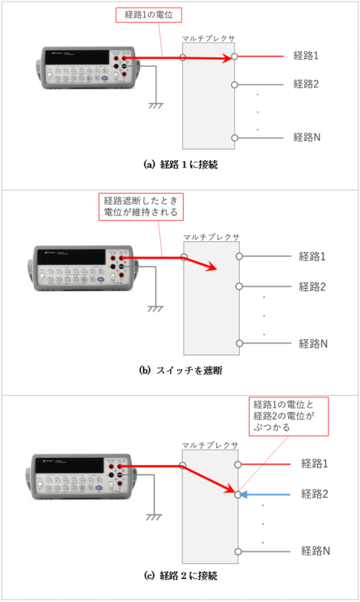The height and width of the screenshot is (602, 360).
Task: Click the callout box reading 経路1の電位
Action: (149, 15)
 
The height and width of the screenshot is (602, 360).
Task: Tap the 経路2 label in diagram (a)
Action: (306, 84)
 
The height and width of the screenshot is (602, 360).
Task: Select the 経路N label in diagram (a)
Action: (306, 137)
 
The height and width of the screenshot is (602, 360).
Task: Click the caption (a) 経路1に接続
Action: (181, 165)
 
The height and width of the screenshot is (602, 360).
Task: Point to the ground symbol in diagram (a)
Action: (155, 105)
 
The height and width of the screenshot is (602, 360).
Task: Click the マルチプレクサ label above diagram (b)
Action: (211, 237)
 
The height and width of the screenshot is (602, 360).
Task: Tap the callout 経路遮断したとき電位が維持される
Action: (141, 207)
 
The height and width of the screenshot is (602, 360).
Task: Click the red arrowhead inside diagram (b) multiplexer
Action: (211, 267)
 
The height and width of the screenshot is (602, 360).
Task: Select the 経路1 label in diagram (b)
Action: (312, 256)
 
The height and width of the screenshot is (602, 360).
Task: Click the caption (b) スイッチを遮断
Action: (181, 371)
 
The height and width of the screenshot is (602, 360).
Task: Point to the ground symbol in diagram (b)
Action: (155, 309)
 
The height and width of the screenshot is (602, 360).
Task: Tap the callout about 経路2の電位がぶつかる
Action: (289, 416)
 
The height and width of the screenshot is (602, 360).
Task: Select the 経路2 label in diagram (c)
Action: (315, 494)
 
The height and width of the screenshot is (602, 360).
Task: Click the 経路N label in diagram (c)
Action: (316, 551)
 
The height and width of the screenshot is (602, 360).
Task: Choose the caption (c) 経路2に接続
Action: (181, 575)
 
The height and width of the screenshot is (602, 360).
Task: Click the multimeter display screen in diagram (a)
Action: (77, 57)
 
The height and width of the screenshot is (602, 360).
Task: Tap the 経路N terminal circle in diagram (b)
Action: (240, 343)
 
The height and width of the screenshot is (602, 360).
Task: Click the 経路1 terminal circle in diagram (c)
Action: (238, 465)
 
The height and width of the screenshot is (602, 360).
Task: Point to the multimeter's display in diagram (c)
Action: (70, 466)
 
